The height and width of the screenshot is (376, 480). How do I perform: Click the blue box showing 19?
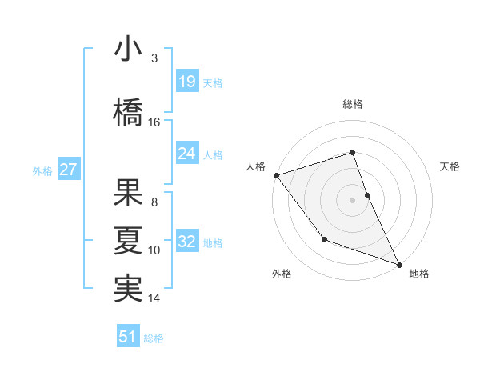click(x=186, y=82)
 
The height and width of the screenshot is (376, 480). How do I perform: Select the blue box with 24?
click(x=186, y=154)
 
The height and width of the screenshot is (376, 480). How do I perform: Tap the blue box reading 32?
click(x=186, y=242)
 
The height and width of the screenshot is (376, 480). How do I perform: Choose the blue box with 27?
click(x=68, y=170)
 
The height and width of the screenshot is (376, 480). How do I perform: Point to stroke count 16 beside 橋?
click(x=154, y=122)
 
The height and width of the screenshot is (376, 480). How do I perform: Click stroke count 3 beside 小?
click(x=154, y=58)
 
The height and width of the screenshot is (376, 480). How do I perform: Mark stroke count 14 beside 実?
click(x=154, y=298)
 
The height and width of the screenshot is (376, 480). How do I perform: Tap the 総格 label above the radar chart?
click(x=352, y=104)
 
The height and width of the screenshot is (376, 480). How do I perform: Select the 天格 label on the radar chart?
click(x=450, y=166)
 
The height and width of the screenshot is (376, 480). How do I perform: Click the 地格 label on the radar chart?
click(x=419, y=274)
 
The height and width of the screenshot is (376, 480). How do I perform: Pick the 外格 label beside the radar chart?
click(x=282, y=274)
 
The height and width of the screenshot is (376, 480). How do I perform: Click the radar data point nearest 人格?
click(x=276, y=175)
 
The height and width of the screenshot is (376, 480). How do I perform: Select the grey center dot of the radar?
click(x=352, y=200)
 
